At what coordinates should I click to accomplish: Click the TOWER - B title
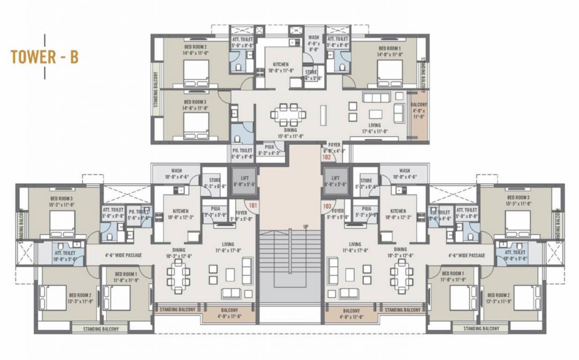tap(44, 57)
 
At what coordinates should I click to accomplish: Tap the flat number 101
tap(253, 205)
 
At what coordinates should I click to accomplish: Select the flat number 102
tap(327, 157)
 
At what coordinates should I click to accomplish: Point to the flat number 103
tap(327, 205)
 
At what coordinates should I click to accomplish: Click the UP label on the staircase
tap(306, 227)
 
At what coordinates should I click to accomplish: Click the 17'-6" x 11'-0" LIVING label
tap(375, 128)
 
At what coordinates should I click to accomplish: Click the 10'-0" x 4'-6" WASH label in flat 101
tap(177, 174)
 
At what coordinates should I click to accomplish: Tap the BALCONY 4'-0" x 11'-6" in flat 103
tap(351, 314)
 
